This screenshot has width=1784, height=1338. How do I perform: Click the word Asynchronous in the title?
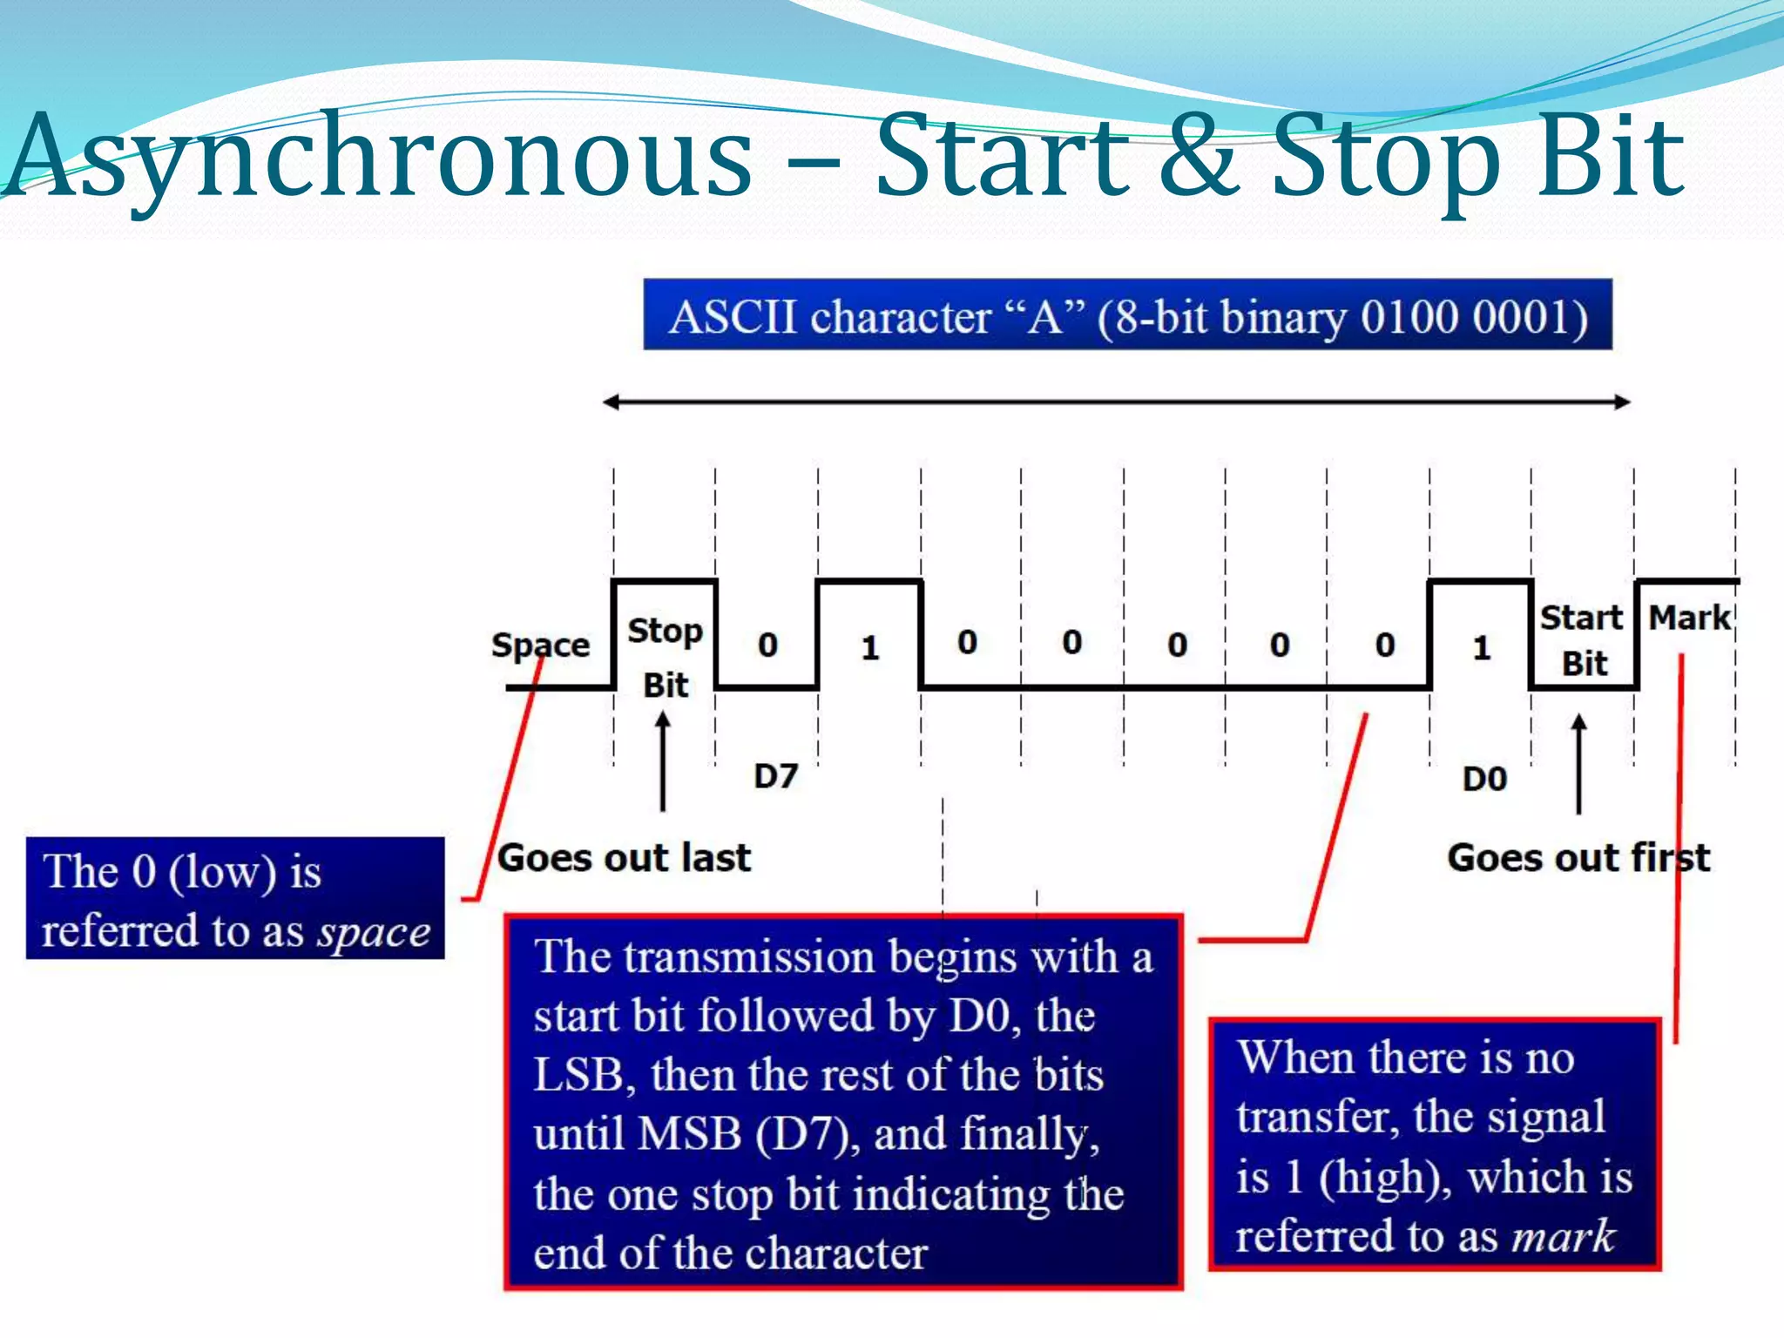[379, 157]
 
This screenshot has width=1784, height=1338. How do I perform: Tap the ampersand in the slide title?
[1198, 157]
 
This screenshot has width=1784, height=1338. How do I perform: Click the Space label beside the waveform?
[540, 645]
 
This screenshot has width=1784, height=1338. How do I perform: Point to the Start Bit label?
[1582, 640]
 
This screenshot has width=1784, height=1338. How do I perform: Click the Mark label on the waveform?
[1689, 618]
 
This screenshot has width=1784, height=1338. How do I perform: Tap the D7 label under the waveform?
[775, 776]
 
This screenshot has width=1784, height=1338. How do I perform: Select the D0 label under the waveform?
[1484, 779]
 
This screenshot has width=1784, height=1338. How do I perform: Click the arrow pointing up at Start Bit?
[1578, 763]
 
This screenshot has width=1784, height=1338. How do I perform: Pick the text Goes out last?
[624, 858]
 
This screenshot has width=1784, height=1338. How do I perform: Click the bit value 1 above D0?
[1482, 648]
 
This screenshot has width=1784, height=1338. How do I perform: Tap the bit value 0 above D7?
[767, 645]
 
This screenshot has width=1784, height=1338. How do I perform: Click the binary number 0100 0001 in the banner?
[1472, 317]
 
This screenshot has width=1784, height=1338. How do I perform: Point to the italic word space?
[374, 932]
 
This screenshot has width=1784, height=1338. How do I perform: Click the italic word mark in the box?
[1564, 1236]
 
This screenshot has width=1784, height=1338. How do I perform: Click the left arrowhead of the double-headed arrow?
[611, 402]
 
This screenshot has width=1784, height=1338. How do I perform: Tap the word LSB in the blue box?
[578, 1075]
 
